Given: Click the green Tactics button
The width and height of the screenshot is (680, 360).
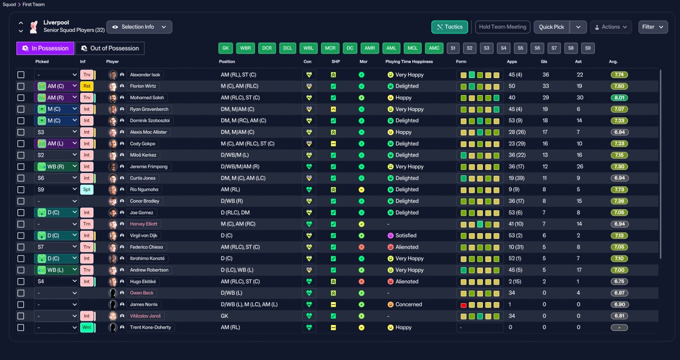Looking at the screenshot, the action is coord(449,27).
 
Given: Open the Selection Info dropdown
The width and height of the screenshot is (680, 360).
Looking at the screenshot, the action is coord(139,27).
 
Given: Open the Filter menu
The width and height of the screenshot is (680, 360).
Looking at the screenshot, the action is coord(653,27).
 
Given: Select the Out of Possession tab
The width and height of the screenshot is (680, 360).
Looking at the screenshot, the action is coord(110,48).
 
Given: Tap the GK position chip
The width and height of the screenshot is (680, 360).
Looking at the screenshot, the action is coord(226,48).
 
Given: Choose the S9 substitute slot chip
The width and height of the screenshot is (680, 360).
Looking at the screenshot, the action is coord(588,48).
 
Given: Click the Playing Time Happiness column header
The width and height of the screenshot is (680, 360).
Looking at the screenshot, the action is coord(409,62).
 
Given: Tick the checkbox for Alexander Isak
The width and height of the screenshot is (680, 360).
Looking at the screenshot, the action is coord(21,75).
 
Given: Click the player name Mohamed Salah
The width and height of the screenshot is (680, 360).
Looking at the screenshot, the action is coord(147,98).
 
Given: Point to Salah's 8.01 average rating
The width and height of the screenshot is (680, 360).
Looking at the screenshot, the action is coord(619,98).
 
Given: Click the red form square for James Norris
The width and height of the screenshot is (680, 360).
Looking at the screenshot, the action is coord(463,305).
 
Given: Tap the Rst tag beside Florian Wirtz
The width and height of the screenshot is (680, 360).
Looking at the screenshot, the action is coord(87,86).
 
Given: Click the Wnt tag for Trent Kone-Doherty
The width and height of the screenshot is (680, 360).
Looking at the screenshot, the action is coord(87,328).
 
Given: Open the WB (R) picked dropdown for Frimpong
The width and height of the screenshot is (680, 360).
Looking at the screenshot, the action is coord(56,167).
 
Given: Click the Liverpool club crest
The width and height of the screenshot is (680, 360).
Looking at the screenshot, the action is coord(33,27).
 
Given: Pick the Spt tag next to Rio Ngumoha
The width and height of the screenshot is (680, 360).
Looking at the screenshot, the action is coord(87,190).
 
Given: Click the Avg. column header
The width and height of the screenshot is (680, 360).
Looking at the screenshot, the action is coord(613,62).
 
